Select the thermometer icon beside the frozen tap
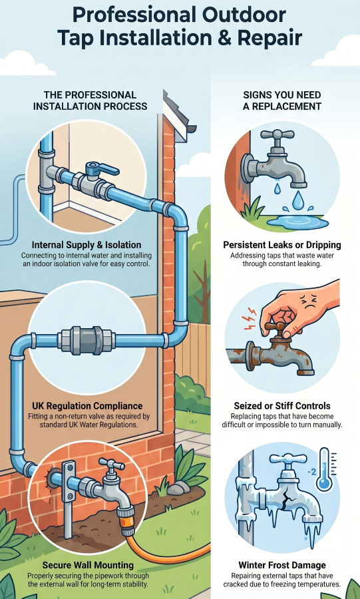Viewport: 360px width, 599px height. [325, 471]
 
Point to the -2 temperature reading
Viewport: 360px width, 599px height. [311, 472]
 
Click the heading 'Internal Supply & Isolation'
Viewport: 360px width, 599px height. [87, 245]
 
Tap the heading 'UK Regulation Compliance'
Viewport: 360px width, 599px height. [87, 406]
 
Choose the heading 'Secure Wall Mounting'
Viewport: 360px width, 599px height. [88, 565]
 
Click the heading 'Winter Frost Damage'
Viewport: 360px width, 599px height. [282, 565]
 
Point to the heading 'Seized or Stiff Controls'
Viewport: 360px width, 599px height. [282, 406]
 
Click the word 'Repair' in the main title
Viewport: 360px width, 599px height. [270, 39]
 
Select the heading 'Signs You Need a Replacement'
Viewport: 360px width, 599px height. [282, 100]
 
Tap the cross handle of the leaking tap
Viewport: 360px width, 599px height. [277, 134]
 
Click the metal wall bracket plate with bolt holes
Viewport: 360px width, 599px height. [69, 481]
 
